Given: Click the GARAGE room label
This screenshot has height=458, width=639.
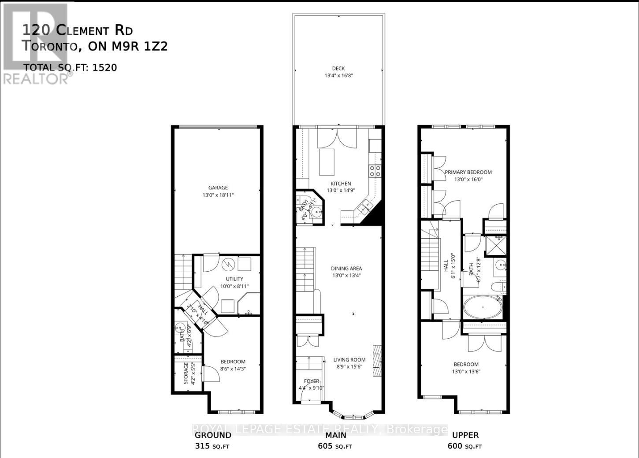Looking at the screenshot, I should pos(218,188).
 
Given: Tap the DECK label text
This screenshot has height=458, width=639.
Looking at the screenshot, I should pos(338,68).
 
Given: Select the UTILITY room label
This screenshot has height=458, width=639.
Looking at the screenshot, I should pos(234,279).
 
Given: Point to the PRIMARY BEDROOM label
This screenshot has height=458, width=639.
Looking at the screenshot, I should pos(468,172).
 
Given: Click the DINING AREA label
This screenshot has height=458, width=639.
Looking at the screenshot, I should pos(346,268).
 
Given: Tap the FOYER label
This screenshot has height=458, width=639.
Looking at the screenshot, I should pos(312,381).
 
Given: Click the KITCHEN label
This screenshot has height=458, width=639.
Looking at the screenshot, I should pos(341,184).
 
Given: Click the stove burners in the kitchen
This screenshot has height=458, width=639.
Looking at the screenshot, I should pos(375,171).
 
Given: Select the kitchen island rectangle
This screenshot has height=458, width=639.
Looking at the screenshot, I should pos(327,162).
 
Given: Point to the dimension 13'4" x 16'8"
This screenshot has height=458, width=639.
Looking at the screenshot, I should pos(338,75).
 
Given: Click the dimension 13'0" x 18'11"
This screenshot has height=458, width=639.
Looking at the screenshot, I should pos(218,195).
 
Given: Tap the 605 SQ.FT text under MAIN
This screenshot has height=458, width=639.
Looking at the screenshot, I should pos(335,446).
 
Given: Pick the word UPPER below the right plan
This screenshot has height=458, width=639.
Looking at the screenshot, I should pos(465,435).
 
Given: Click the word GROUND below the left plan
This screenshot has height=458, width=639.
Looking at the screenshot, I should pos(213,435).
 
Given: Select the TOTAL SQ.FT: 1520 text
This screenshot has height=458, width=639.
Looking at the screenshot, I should pos(71,67).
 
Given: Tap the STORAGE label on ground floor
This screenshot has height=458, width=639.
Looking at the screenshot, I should pos(186,373).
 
